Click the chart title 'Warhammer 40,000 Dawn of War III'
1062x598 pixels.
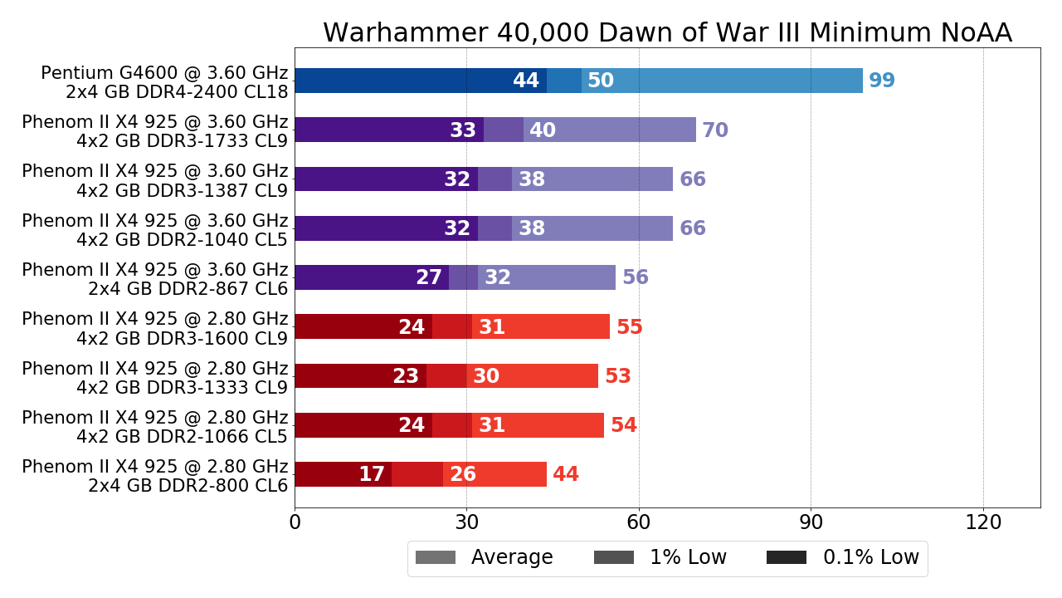pyautogui.click(x=667, y=33)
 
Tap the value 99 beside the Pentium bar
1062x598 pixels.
pyautogui.click(x=882, y=81)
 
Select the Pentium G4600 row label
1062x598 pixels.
pyautogui.click(x=164, y=82)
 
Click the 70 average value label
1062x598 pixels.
pyautogui.click(x=715, y=130)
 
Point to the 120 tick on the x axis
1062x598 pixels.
pyautogui.click(x=983, y=523)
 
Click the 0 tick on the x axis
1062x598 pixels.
pyautogui.click(x=295, y=523)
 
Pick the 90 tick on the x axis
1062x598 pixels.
pyautogui.click(x=811, y=523)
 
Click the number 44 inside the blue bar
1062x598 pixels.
pyautogui.click(x=526, y=81)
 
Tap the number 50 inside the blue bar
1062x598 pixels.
pyautogui.click(x=601, y=81)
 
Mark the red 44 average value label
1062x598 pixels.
pyautogui.click(x=566, y=475)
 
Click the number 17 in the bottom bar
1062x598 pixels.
pyautogui.click(x=372, y=475)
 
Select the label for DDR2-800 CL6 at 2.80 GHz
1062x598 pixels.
pyautogui.click(x=155, y=476)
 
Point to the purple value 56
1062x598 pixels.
pyautogui.click(x=636, y=278)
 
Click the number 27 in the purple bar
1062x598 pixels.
pyautogui.click(x=429, y=278)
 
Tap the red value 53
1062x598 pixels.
pyautogui.click(x=618, y=377)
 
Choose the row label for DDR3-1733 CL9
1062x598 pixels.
pyautogui.click(x=155, y=131)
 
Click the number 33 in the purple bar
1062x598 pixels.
pyautogui.click(x=463, y=130)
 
